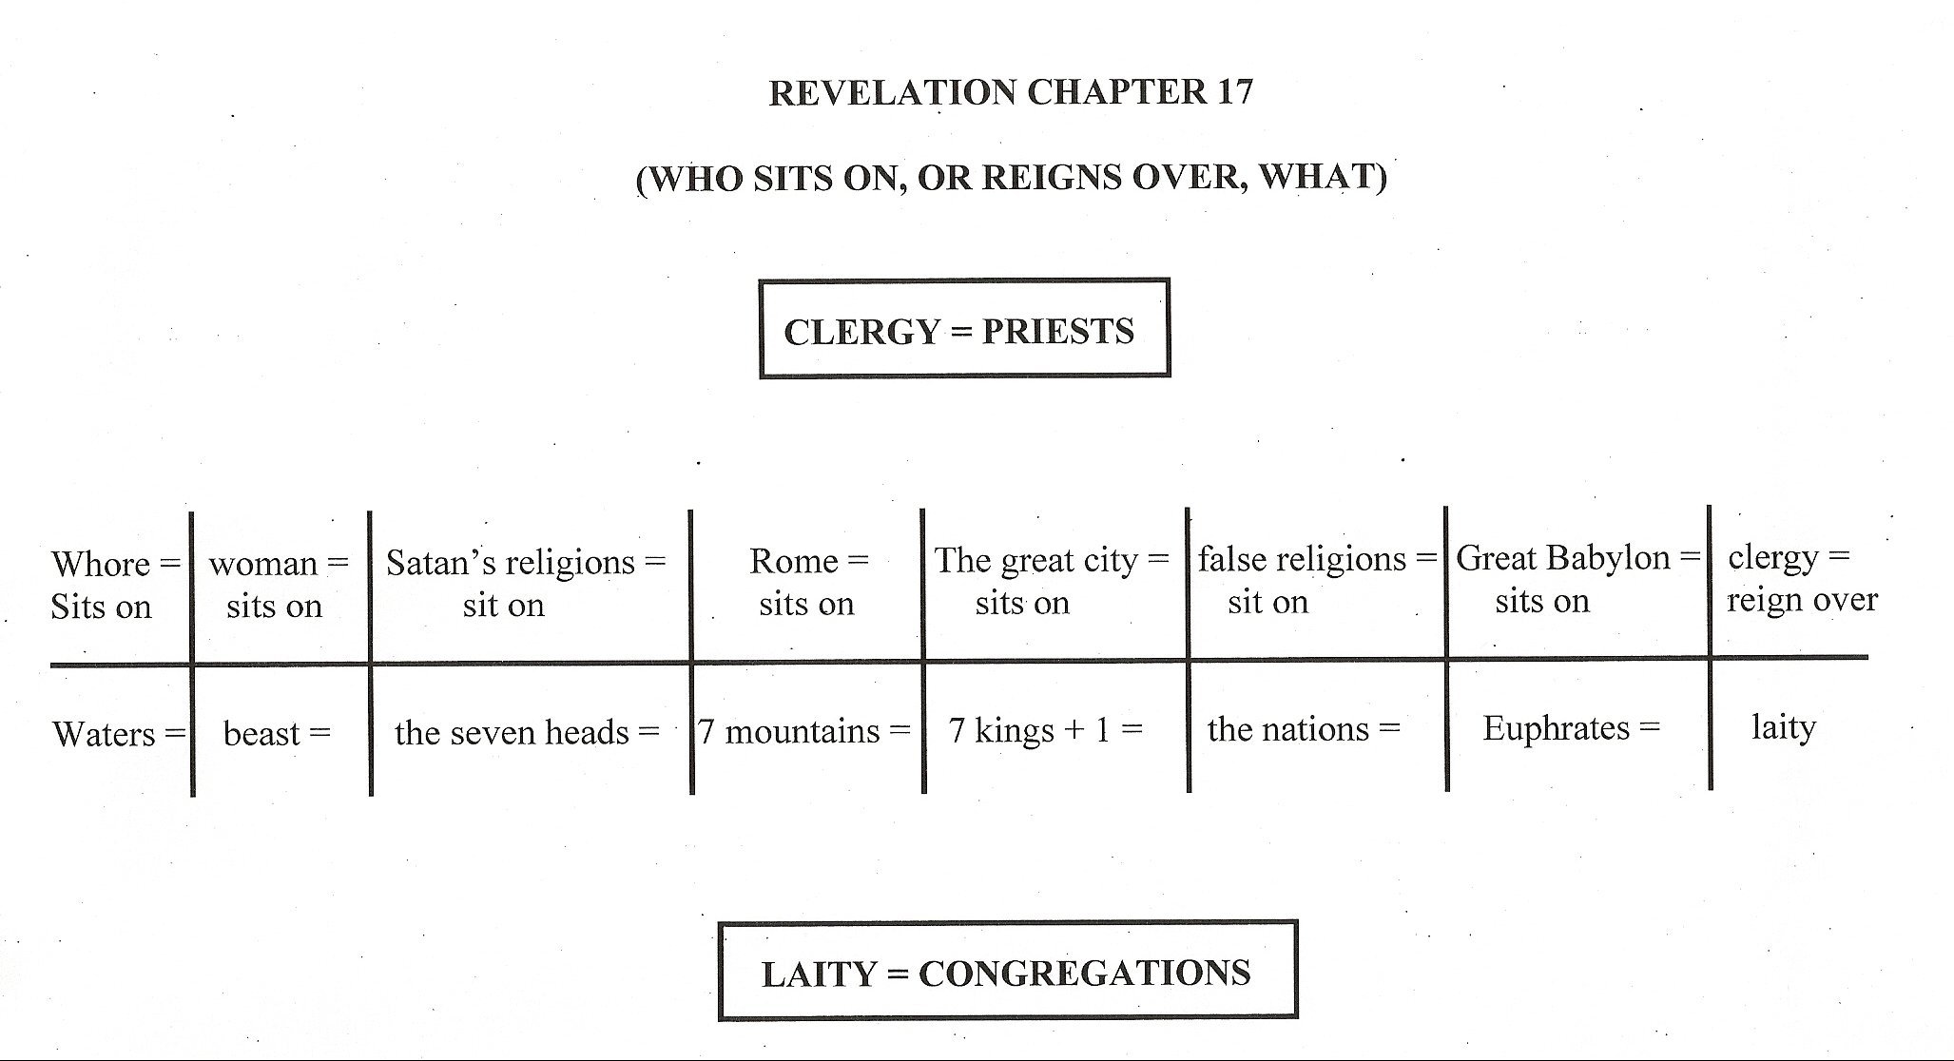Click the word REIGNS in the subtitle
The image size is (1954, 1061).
pos(1050,177)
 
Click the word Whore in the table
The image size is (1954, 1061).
pos(101,564)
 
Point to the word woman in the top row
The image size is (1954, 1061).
pos(263,565)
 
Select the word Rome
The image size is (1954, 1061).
pos(793,561)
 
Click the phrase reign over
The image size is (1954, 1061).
pos(1803,601)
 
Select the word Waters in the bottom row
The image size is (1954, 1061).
pos(105,734)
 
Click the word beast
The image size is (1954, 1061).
pos(261,733)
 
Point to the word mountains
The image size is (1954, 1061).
pos(803,731)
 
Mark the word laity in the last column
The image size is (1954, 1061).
pos(1784,728)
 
